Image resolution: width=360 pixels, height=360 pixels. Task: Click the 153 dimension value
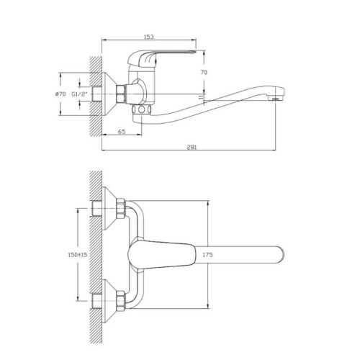coord(149,37)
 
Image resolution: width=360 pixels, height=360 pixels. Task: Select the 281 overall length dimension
coord(192,147)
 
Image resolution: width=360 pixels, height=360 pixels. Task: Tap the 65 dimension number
coord(122,132)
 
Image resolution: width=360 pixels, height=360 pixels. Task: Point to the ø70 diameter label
coord(60,94)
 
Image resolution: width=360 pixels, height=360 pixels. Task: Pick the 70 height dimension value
coord(204,72)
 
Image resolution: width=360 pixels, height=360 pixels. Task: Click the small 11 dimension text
coord(201,96)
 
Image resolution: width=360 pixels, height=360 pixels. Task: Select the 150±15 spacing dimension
coord(78,254)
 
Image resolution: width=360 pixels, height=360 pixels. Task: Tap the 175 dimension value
coord(207,255)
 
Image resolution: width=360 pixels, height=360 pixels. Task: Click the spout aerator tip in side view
coord(276,99)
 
